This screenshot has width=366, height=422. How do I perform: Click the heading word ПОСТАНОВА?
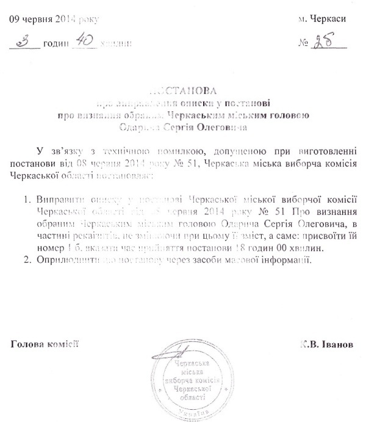point(183,89)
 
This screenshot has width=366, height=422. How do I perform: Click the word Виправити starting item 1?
point(59,200)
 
